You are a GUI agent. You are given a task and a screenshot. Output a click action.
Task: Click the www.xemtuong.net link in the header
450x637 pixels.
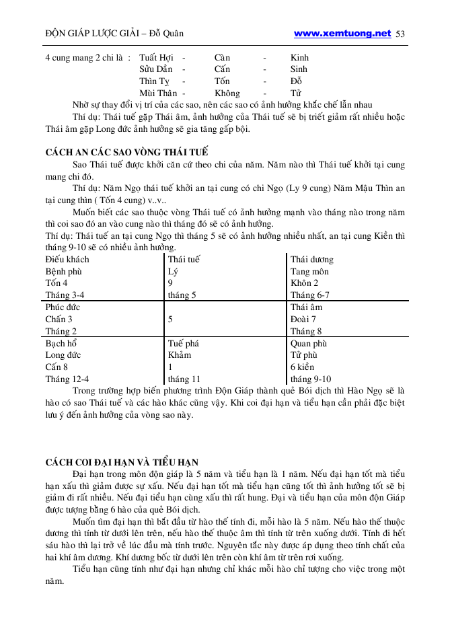point(342,33)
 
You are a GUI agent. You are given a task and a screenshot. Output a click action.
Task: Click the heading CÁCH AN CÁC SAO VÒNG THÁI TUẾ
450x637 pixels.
point(126,153)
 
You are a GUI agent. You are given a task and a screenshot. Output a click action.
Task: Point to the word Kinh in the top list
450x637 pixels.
point(299,57)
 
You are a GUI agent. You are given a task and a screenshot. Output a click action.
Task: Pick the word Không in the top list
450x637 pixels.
point(227,93)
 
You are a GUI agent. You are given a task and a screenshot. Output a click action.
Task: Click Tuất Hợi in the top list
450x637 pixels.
point(156,57)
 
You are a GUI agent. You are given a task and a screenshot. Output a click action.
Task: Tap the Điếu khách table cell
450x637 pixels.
point(67,259)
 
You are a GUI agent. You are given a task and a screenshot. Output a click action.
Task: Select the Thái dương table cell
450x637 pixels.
point(311,259)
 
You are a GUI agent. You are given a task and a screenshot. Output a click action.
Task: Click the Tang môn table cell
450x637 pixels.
point(310,271)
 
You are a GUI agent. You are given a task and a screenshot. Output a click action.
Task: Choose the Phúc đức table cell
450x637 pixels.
point(63,307)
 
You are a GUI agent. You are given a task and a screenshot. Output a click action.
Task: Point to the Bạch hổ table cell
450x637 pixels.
point(61,343)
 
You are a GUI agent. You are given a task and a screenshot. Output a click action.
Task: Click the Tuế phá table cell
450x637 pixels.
point(183,343)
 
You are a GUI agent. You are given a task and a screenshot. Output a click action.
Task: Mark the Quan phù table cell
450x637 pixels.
point(308,343)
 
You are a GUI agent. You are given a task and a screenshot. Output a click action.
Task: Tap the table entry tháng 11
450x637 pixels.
point(184,379)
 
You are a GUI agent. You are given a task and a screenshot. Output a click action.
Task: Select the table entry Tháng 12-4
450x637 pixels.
point(67,379)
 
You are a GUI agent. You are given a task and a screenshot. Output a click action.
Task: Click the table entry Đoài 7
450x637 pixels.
point(303,319)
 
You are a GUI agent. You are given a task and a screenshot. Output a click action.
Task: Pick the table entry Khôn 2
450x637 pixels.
point(304,283)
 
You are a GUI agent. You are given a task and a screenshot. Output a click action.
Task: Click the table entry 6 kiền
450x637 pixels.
point(302,367)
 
